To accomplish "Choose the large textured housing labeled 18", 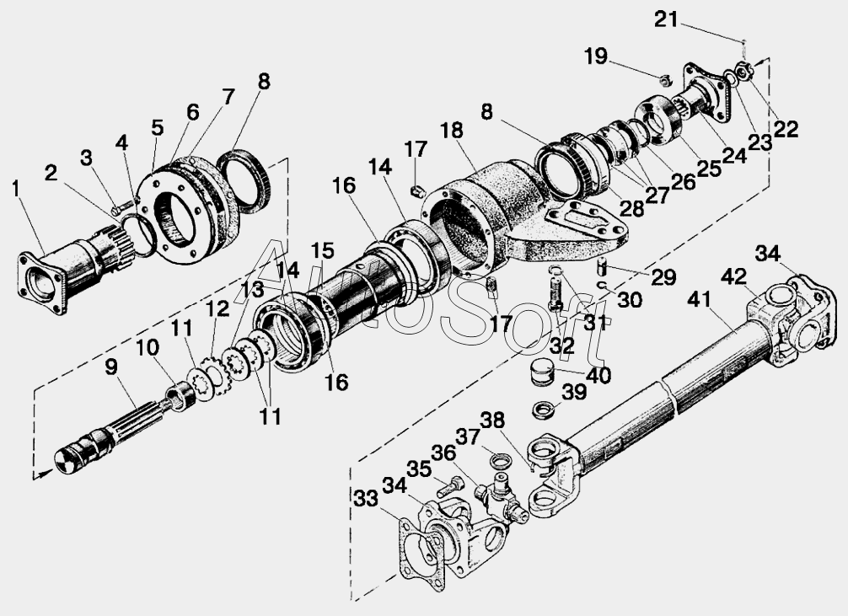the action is coord(497,211).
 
